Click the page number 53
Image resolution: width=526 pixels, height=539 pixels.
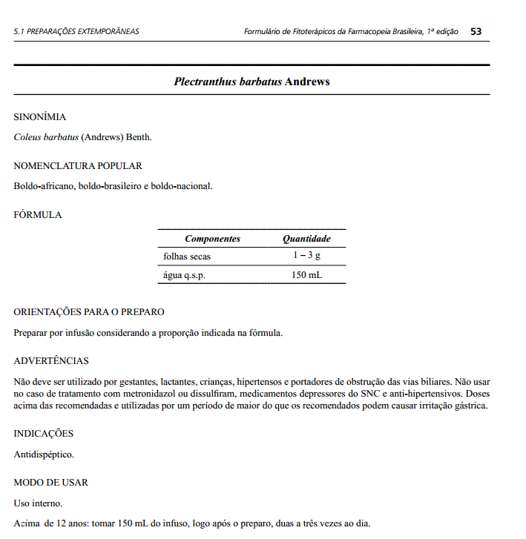point(476,31)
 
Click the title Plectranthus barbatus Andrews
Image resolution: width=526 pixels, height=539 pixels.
point(252,82)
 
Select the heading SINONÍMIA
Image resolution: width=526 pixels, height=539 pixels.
point(40,117)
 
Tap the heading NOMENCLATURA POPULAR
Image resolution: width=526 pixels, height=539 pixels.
point(78,166)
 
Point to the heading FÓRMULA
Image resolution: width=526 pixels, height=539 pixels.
point(38,215)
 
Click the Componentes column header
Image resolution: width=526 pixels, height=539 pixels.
point(212,239)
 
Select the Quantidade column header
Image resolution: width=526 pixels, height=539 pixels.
point(306,239)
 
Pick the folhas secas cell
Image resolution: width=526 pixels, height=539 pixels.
point(187,257)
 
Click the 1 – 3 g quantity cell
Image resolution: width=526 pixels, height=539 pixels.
point(306,256)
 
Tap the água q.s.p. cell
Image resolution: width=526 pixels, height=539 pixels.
point(184,275)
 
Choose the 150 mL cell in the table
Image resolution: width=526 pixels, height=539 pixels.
point(306,275)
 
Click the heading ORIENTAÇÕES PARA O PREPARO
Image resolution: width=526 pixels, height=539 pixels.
point(89,312)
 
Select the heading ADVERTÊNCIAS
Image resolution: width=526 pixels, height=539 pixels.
point(51,361)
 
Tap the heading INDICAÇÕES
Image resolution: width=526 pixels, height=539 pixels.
point(44,434)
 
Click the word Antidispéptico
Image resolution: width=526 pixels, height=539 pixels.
point(44,454)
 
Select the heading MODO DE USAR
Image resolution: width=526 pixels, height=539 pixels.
point(50,483)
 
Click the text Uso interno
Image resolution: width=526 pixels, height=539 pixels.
point(38,503)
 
